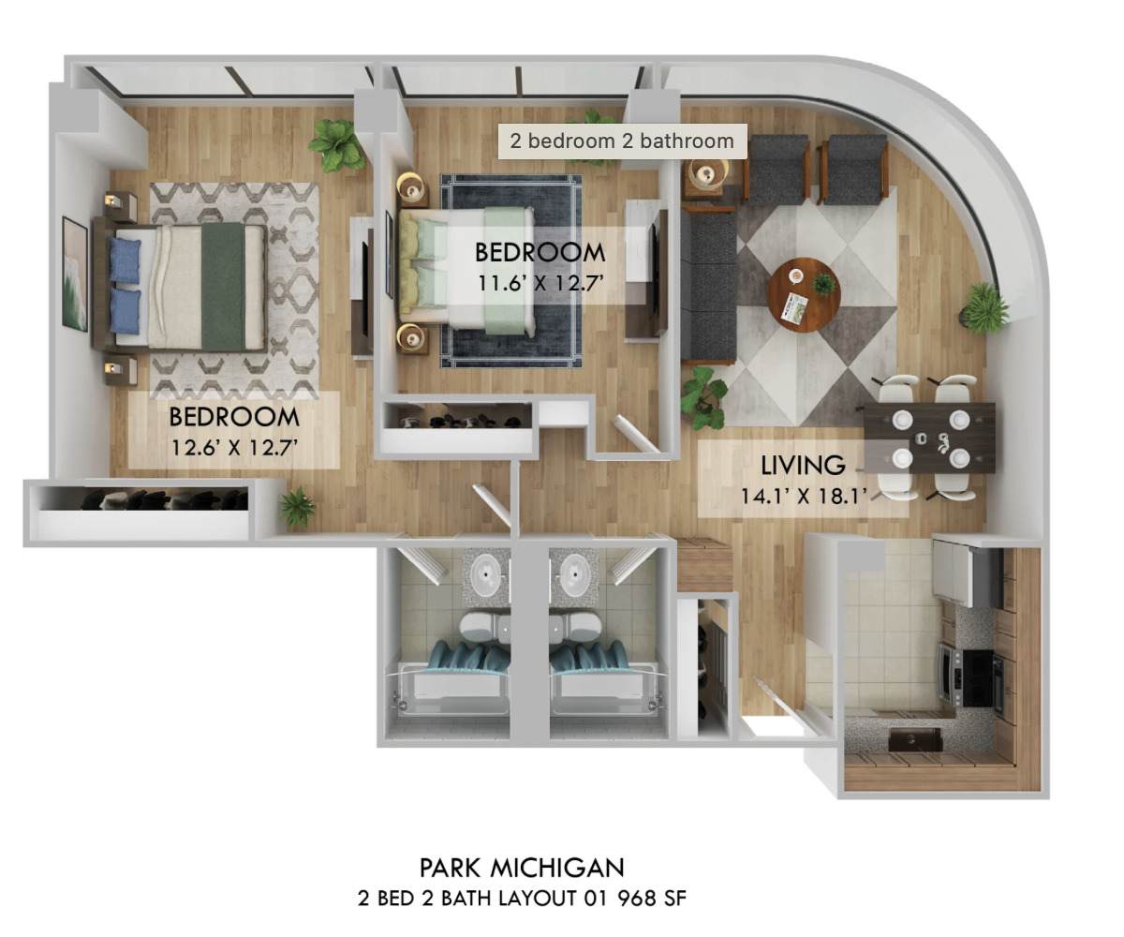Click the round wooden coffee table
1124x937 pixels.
coord(804,294)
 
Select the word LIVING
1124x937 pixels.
coord(803,465)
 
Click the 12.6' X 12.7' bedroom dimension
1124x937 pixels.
coord(234,447)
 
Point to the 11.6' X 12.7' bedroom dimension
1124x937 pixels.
coord(540,283)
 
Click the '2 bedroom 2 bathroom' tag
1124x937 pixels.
coord(622,141)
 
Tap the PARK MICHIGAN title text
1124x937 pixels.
coord(522,868)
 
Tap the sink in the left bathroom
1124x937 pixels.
coord(487,573)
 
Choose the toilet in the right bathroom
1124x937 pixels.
coord(577,625)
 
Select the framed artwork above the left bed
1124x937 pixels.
coord(75,274)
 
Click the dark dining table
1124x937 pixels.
coord(929,438)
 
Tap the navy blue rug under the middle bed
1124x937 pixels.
coord(511,271)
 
